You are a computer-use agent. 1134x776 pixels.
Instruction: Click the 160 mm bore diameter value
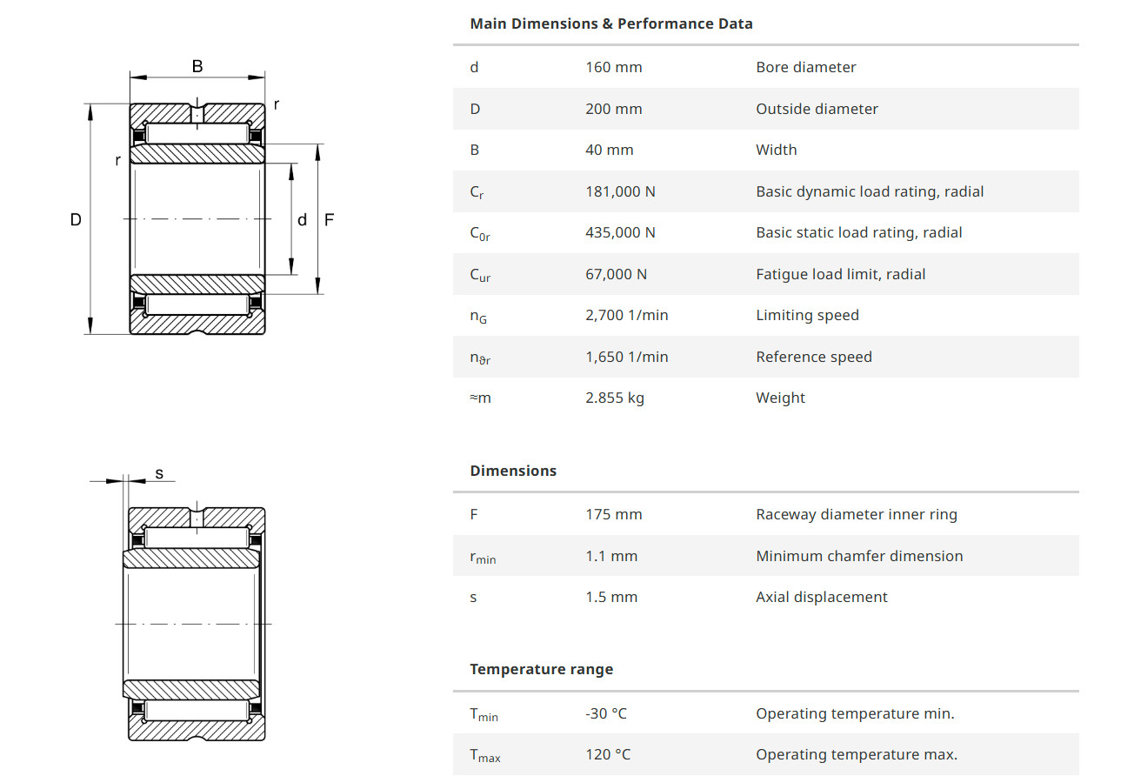coord(613,67)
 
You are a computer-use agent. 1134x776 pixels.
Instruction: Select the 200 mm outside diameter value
coord(613,109)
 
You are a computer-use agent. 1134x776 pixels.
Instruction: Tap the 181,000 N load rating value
coord(620,191)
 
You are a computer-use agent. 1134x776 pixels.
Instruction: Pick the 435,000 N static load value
coord(620,232)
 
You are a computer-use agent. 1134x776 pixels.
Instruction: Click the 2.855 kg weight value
coord(615,398)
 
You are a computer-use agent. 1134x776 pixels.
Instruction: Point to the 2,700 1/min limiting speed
coord(626,315)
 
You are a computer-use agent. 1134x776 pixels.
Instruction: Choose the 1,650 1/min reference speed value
coord(626,357)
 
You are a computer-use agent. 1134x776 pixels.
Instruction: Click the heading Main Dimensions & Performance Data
coord(610,23)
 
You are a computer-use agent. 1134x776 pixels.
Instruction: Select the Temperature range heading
coord(541,669)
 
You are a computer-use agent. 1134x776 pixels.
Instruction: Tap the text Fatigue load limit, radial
coord(840,274)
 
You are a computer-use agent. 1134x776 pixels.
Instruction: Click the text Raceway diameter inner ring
coord(856,514)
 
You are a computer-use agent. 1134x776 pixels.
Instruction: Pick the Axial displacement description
coord(821,597)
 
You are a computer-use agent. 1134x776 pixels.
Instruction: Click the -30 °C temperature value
coord(605,713)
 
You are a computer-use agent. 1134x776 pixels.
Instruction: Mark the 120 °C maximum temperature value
coord(608,754)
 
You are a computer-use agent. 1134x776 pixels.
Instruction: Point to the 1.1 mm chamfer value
coord(610,556)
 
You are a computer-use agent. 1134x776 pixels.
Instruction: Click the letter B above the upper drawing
coord(197,66)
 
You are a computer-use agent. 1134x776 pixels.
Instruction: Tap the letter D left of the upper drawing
coord(76,220)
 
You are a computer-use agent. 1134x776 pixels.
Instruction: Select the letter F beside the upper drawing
coord(329,220)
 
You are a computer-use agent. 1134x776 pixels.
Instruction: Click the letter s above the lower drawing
coord(159,474)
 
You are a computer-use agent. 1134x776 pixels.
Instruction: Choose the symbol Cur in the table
coord(480,275)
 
